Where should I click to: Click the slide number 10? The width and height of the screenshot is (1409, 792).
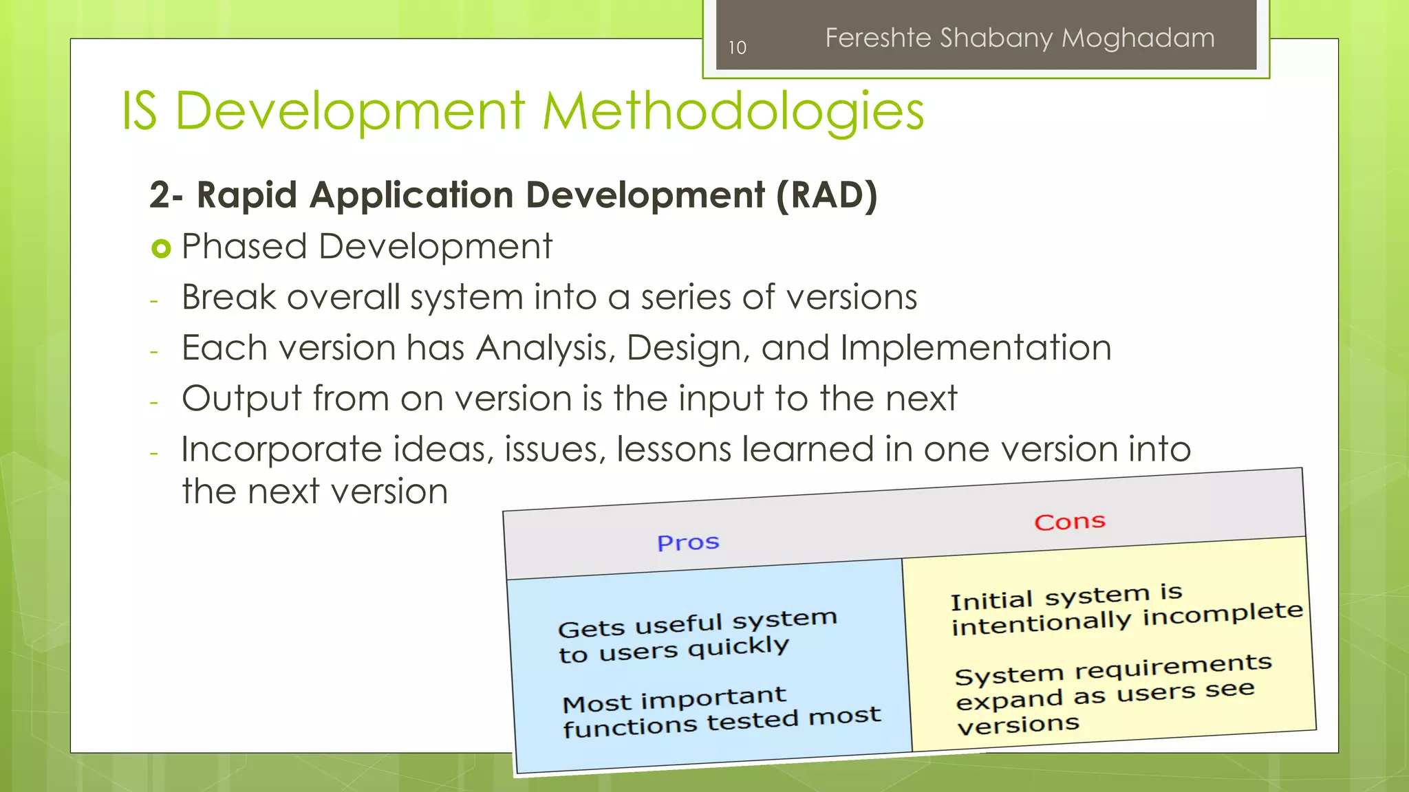737,47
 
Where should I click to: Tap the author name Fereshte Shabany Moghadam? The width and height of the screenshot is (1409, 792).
1020,38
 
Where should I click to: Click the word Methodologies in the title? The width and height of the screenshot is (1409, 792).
733,111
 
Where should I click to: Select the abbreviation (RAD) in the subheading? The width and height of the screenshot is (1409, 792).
826,195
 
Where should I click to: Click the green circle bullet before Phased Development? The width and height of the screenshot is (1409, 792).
160,248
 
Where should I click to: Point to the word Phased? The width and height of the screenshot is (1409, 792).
244,246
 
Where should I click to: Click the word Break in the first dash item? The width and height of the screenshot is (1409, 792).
228,297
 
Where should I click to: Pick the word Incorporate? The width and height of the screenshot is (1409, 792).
281,450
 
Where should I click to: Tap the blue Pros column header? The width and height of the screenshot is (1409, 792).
688,542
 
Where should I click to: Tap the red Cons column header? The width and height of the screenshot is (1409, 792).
1069,522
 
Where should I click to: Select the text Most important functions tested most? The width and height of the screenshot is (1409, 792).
720,711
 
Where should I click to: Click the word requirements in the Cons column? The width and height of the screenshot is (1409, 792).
1172,667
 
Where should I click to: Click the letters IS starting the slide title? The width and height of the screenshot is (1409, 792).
140,111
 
